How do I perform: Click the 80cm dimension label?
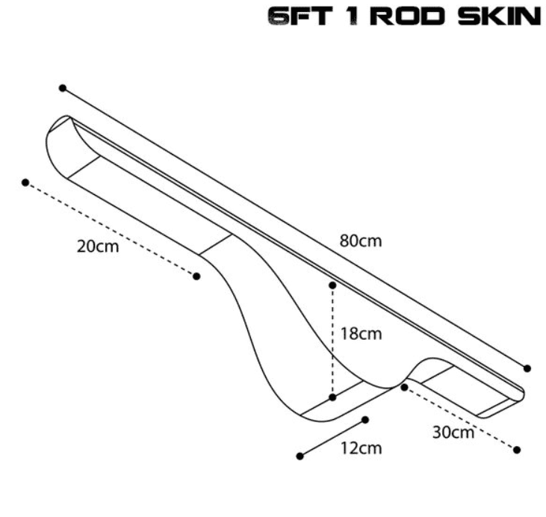[x=361, y=241]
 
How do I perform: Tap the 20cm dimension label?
[x=98, y=247]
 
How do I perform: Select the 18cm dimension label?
[x=361, y=334]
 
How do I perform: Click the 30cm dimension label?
[x=453, y=431]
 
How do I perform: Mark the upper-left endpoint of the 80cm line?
[x=63, y=88]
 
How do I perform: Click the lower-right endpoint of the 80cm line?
[x=527, y=368]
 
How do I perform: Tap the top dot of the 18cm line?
[x=332, y=285]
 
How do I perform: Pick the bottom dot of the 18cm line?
[x=332, y=397]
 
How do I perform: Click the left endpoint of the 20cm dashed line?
[x=25, y=182]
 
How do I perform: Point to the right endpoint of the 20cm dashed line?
[x=196, y=276]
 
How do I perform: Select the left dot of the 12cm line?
[x=300, y=456]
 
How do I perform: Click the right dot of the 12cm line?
[x=366, y=420]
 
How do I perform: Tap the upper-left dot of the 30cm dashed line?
[x=404, y=387]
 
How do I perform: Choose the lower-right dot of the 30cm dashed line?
[x=517, y=449]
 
